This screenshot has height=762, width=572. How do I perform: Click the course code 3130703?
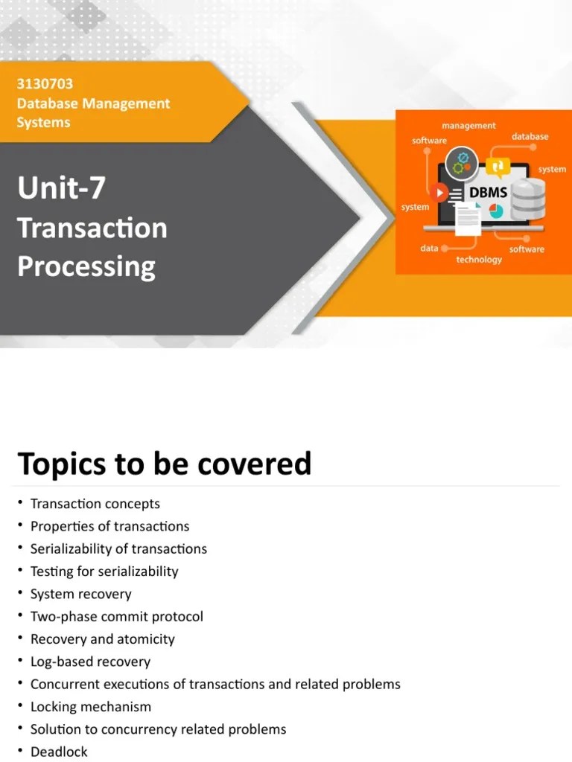click(45, 84)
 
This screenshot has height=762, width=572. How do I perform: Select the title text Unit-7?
click(62, 188)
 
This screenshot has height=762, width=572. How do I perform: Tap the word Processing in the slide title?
click(86, 266)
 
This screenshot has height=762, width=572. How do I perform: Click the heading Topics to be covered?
click(164, 464)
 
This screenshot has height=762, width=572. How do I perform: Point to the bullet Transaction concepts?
click(95, 504)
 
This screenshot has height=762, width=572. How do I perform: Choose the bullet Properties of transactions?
click(109, 526)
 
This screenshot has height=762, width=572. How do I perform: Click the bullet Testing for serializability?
click(104, 571)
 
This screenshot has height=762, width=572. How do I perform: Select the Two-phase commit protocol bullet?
click(116, 616)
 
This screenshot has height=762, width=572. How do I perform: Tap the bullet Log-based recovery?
click(90, 662)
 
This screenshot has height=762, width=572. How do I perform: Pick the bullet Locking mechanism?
click(90, 706)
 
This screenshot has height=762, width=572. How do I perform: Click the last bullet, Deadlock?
click(59, 752)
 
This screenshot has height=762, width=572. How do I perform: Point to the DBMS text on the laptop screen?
click(488, 193)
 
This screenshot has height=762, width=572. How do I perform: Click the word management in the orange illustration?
click(468, 126)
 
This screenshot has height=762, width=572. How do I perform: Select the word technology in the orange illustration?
click(479, 260)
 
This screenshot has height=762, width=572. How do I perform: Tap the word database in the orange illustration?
click(530, 137)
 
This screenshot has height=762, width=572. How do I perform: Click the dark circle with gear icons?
click(463, 163)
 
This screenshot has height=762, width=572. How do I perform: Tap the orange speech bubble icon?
click(498, 166)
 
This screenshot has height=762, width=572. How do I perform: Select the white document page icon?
click(468, 218)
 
